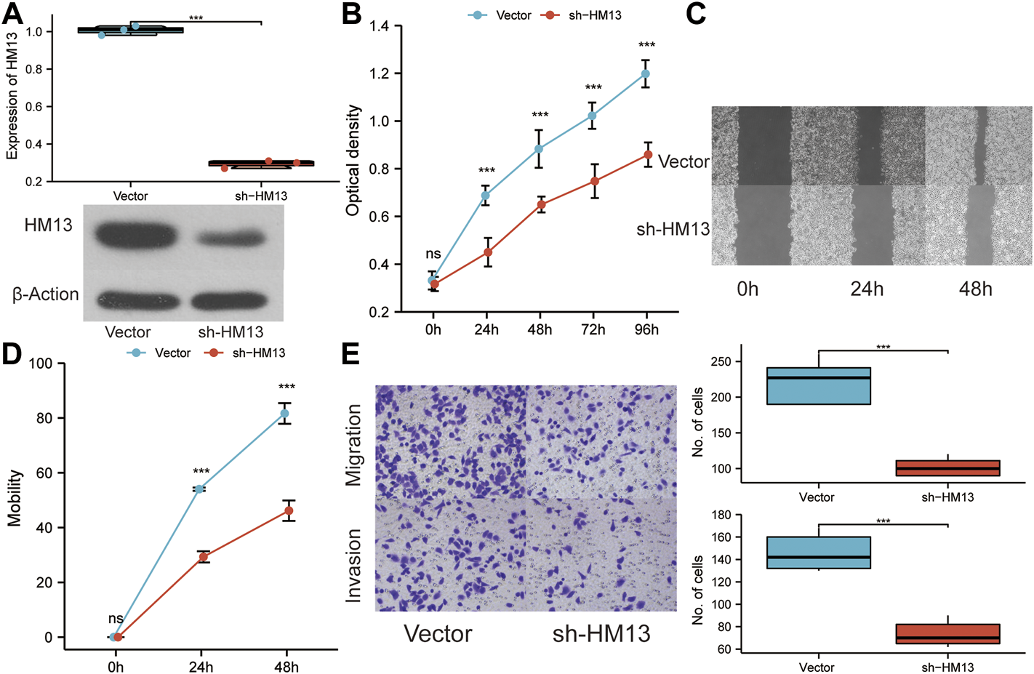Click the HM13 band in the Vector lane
[135, 236]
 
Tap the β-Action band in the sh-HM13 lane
[230, 300]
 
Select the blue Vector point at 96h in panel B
[646, 73]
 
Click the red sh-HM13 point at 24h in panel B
[487, 252]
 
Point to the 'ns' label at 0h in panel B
[433, 254]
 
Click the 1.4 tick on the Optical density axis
[379, 27]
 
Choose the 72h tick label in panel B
[593, 330]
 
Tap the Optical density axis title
[353, 160]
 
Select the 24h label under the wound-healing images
[867, 289]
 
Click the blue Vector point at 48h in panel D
[285, 414]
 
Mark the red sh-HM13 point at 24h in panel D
[203, 557]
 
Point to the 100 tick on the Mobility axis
[41, 364]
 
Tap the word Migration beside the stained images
[353, 445]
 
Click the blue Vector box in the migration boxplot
[818, 385]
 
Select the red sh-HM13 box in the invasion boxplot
[947, 633]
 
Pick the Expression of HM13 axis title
[12, 96]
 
